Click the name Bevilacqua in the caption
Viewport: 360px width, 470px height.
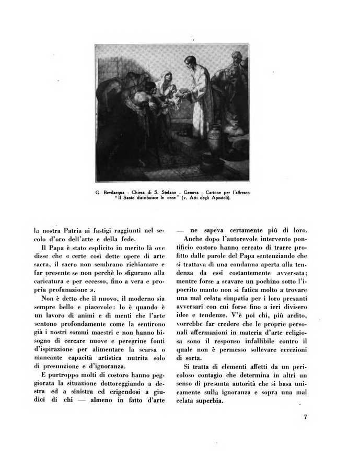pyautogui.click(x=117, y=193)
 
